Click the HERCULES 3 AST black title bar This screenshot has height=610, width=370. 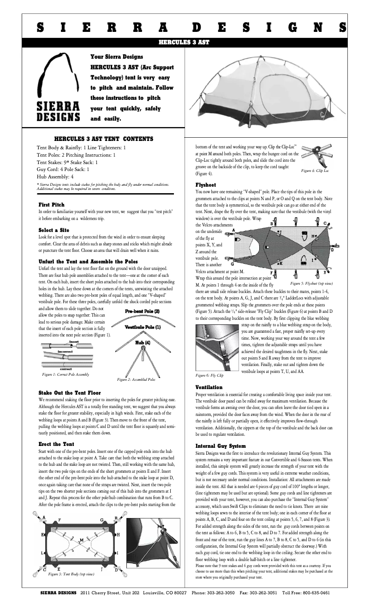point(185,42)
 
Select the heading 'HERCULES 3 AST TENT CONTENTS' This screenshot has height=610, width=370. point(104,139)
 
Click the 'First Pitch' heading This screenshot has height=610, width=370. point(51,204)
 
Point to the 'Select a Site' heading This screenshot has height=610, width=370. point(54,230)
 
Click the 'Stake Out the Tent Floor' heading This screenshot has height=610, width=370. point(70,393)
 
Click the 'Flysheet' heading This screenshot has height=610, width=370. point(206,184)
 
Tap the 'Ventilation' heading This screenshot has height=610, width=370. point(209,387)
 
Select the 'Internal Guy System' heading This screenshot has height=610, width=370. point(221,446)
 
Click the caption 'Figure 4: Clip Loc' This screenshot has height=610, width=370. point(315,171)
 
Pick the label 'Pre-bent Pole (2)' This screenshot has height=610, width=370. point(143,311)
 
